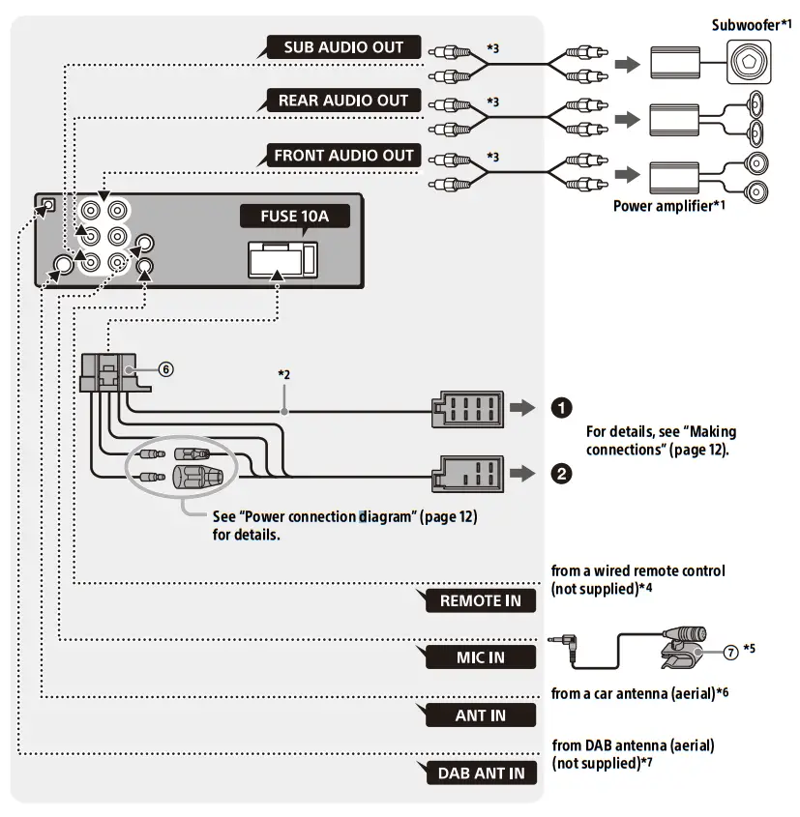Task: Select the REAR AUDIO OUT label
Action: click(x=343, y=101)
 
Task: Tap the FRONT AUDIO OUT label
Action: click(x=343, y=155)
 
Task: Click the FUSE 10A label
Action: click(x=295, y=216)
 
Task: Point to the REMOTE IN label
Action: click(x=480, y=600)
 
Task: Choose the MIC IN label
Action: click(x=480, y=657)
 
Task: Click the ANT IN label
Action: click(x=480, y=716)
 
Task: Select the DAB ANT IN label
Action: click(x=480, y=773)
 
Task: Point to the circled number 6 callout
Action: click(x=166, y=369)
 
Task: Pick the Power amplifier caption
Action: click(x=661, y=206)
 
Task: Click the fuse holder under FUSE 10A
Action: click(x=280, y=258)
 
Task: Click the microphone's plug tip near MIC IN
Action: click(x=556, y=641)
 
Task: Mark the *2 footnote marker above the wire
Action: click(x=284, y=373)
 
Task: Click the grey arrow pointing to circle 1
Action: click(x=521, y=408)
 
